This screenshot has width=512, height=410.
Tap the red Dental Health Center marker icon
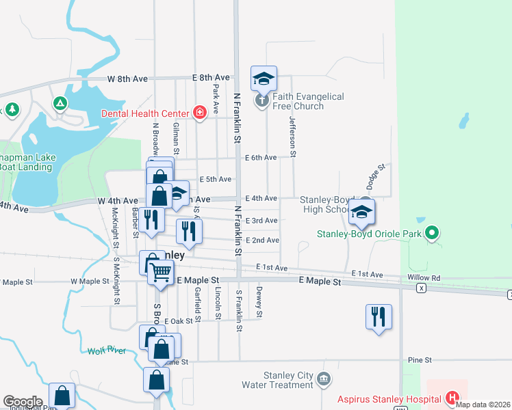[199, 113]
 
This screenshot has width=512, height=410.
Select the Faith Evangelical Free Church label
[308, 101]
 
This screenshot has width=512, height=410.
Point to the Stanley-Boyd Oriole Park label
[369, 234]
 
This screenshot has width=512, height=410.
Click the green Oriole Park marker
[431, 234]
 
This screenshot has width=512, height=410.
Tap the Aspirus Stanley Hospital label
[388, 398]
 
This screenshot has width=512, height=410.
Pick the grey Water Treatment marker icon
[324, 379]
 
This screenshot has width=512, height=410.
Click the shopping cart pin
[160, 271]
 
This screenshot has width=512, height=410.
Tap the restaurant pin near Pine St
[379, 317]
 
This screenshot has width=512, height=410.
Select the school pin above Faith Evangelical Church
[264, 79]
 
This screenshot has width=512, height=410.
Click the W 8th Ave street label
[128, 79]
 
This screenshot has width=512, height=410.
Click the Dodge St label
[376, 176]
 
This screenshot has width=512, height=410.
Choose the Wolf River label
[107, 351]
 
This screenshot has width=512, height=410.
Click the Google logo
[23, 402]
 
